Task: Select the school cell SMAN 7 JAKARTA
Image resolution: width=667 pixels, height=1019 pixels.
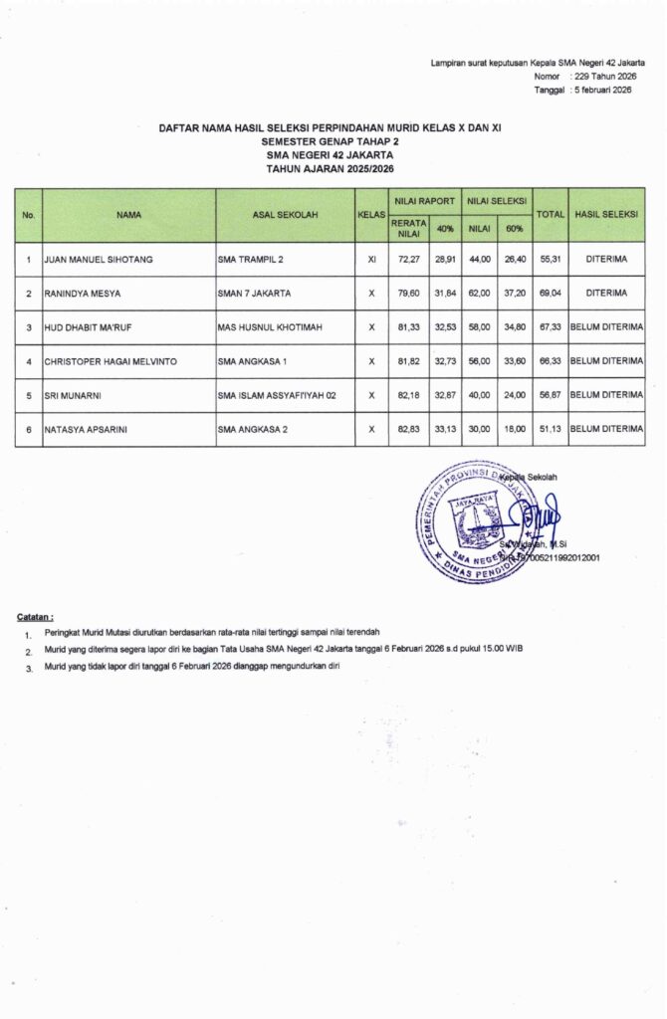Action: (x=254, y=294)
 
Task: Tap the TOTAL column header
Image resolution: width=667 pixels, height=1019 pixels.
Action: (x=550, y=214)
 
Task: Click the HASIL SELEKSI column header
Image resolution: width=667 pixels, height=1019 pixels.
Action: (x=606, y=214)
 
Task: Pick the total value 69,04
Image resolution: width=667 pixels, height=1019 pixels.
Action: (x=550, y=294)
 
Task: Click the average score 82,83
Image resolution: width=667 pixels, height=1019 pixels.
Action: (x=404, y=429)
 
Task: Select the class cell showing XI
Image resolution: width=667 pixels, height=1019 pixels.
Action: (x=371, y=261)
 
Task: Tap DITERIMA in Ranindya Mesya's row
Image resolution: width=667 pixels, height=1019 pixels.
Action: (x=606, y=294)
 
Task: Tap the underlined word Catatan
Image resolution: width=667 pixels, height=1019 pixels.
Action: (x=36, y=616)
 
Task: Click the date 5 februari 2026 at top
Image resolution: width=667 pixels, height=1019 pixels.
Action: (x=601, y=90)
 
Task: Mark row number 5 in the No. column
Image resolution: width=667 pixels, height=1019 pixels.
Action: (x=29, y=395)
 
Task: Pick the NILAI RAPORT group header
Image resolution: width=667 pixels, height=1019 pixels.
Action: (x=423, y=200)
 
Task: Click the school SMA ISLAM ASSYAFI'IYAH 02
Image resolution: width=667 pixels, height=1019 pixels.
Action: (x=277, y=395)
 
